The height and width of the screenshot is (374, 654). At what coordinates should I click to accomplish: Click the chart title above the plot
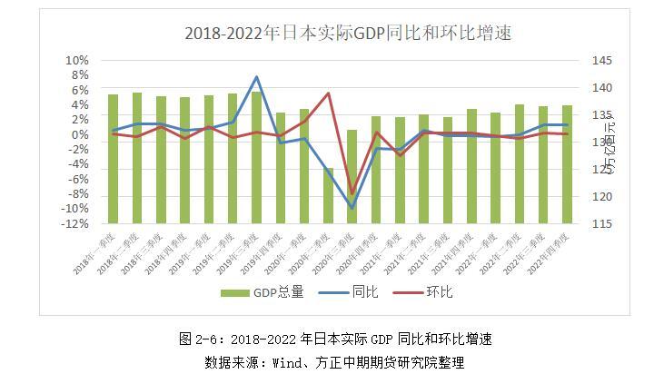(336, 34)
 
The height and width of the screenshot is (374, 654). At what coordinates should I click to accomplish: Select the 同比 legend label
(363, 292)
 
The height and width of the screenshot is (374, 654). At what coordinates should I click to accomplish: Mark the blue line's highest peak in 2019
(256, 77)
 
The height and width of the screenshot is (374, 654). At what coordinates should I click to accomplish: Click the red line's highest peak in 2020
(328, 93)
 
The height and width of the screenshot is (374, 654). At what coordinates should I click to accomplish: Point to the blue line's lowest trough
(352, 208)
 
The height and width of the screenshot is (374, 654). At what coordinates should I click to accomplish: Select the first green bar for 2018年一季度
(114, 159)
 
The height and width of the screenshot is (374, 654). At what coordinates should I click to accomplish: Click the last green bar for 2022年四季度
(567, 164)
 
